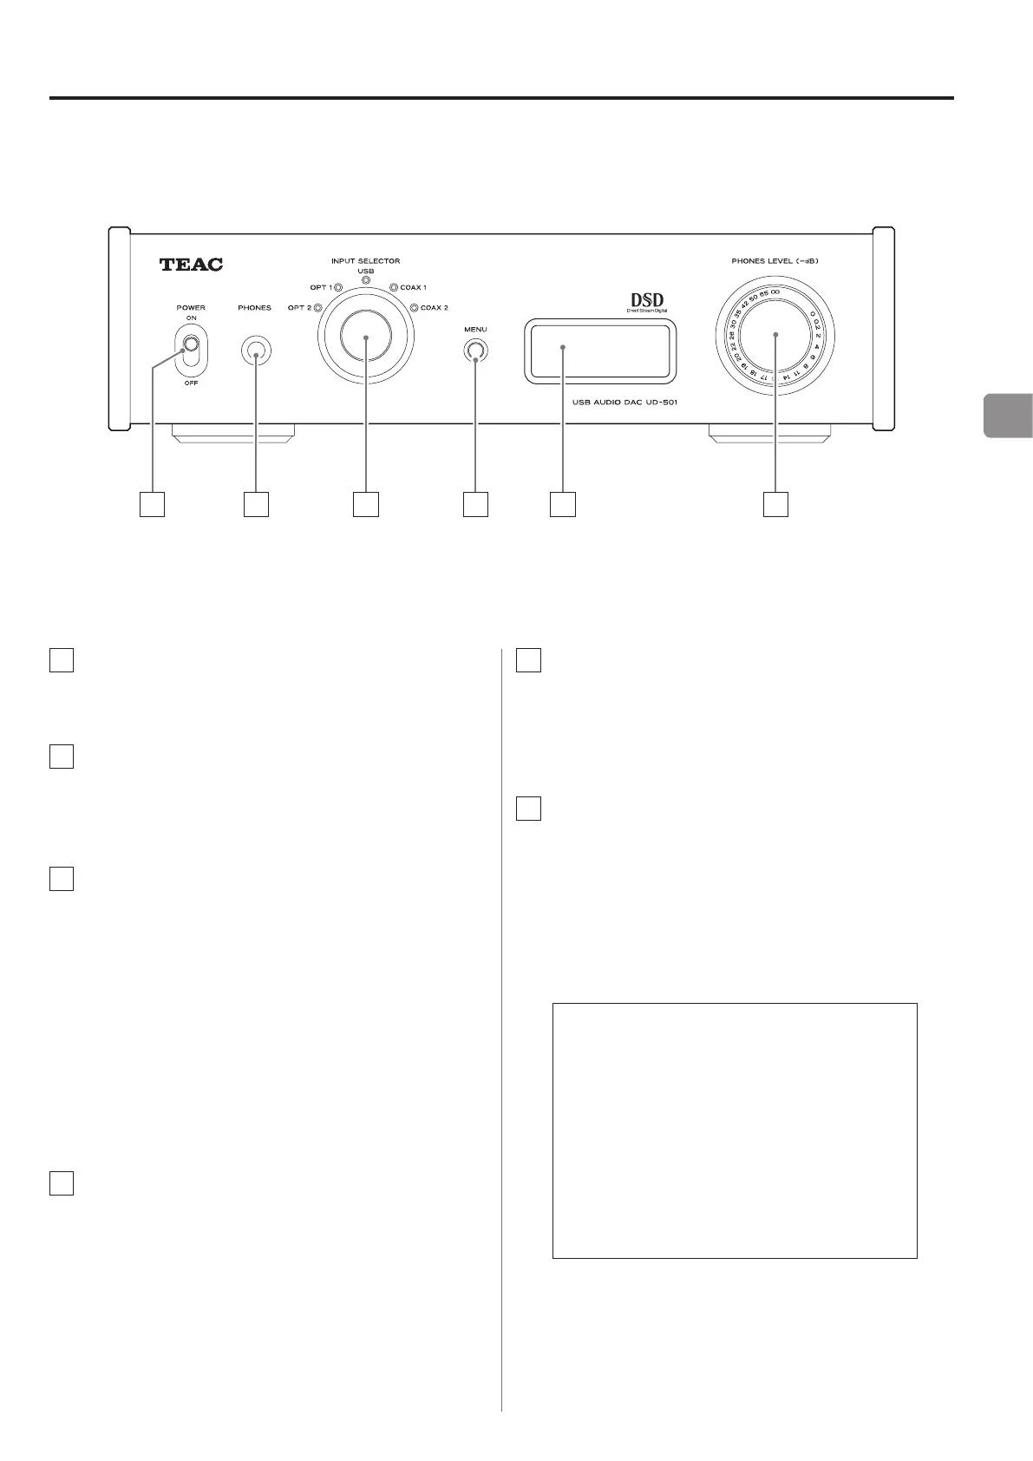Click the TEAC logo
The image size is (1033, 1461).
(x=191, y=265)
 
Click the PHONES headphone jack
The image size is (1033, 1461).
(x=255, y=351)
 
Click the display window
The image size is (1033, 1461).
(x=599, y=351)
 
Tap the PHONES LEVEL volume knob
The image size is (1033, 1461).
(x=775, y=335)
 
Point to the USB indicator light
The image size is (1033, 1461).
(x=366, y=281)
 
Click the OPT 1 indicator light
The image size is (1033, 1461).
(x=338, y=288)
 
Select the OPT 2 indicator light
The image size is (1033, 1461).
(x=318, y=308)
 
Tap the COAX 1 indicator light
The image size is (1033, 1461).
(x=393, y=288)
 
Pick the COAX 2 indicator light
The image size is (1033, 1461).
(x=414, y=308)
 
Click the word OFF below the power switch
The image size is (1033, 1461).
(x=191, y=383)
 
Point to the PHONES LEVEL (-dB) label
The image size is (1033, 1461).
(x=775, y=260)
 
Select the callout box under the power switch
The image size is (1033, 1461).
(x=153, y=505)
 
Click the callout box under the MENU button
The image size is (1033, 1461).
(x=475, y=505)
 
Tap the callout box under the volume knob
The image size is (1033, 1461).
(x=775, y=505)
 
